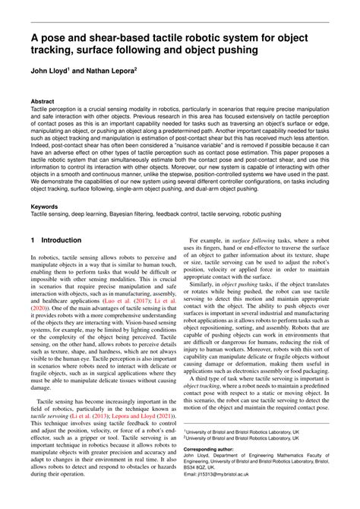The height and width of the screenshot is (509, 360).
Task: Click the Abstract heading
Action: coord(43,100)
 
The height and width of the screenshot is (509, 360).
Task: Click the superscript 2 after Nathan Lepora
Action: coord(135,71)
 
